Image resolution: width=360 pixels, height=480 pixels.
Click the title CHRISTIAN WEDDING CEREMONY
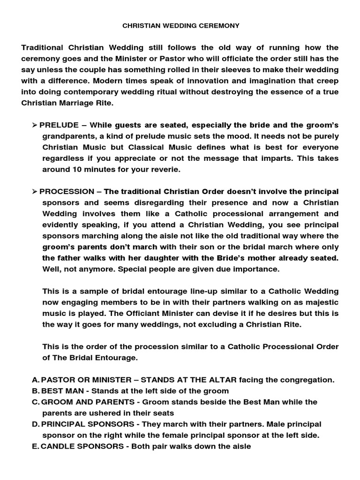coord(180,26)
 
